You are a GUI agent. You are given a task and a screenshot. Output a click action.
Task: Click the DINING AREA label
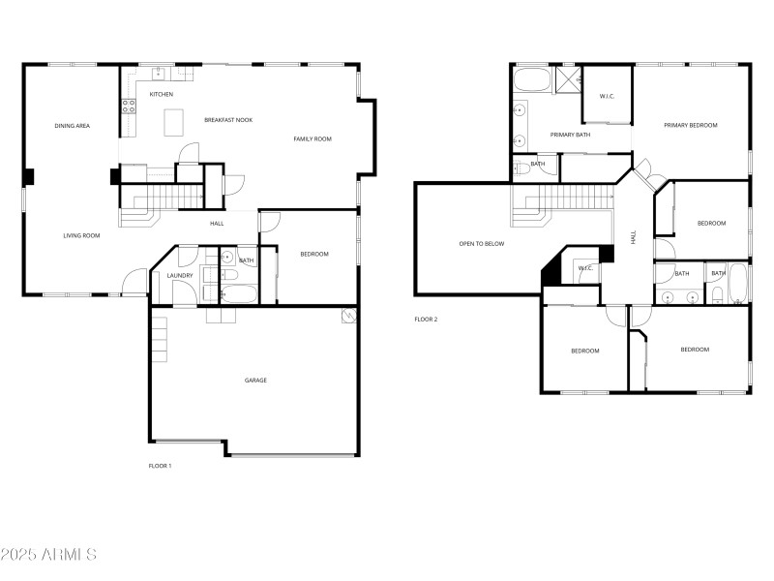tap(73, 126)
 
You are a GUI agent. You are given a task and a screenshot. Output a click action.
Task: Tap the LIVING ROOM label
tap(82, 235)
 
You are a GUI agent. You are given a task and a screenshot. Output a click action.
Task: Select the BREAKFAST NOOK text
tap(228, 120)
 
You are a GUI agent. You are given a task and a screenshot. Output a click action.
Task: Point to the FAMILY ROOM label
tap(313, 139)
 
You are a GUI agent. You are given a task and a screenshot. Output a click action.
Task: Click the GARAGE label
tap(255, 380)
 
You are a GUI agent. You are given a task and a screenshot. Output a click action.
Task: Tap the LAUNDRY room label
tap(180, 276)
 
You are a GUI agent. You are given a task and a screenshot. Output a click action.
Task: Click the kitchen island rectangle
tap(174, 122)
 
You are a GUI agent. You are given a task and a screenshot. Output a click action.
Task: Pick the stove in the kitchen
tap(127, 107)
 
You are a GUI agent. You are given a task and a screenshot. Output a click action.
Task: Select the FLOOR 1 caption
tap(160, 466)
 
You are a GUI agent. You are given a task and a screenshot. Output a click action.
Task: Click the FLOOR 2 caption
tap(426, 319)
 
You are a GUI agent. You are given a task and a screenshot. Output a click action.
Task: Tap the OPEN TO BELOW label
tap(482, 244)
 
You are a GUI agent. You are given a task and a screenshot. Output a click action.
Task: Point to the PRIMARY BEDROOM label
tap(690, 125)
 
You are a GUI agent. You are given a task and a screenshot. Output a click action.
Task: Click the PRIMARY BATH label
tap(570, 135)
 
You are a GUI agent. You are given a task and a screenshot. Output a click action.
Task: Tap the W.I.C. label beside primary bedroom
tap(608, 96)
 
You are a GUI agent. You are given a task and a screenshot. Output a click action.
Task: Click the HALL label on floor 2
tap(634, 236)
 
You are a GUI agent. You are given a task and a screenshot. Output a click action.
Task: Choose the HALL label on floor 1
tap(217, 224)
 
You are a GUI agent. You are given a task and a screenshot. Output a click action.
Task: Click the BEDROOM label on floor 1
tap(314, 254)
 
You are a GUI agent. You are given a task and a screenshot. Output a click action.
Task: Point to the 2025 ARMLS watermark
tap(48, 555)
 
